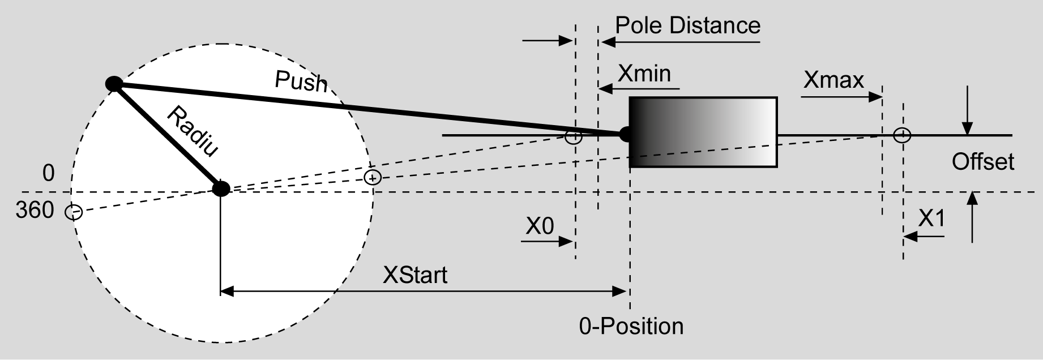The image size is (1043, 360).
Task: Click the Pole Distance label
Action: [x=687, y=25]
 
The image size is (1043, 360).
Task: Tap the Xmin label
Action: [x=644, y=74]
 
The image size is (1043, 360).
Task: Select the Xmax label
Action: [x=833, y=80]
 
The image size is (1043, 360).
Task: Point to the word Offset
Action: [x=982, y=162]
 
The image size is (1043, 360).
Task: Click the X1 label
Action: [x=931, y=218]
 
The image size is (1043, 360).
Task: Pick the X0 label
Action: [x=540, y=226]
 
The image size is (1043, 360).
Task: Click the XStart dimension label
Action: [x=415, y=275]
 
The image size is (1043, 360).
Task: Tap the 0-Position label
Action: [x=631, y=327]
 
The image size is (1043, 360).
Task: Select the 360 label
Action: [x=35, y=211]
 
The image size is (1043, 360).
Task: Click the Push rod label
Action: [x=301, y=82]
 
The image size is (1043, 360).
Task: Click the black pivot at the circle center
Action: [x=220, y=188]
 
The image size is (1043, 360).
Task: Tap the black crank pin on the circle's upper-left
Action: [x=114, y=84]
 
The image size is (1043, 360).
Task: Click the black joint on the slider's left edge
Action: [x=626, y=135]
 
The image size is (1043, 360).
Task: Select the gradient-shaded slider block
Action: [x=703, y=132]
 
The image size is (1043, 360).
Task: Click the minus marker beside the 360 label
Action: [x=74, y=213]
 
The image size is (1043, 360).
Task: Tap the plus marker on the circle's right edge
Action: [x=372, y=178]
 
